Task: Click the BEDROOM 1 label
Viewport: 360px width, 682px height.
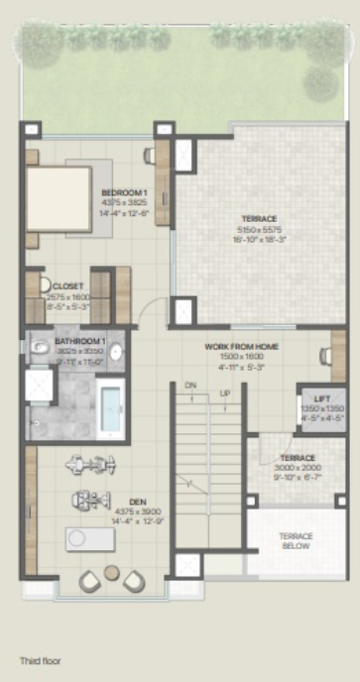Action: point(124,192)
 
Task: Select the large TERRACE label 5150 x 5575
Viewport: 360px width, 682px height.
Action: point(259,218)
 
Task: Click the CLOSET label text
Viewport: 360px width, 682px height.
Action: point(68,286)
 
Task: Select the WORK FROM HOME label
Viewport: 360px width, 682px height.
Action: point(241,347)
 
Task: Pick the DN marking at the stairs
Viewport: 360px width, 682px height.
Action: point(190,386)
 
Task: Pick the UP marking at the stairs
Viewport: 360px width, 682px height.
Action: point(225,394)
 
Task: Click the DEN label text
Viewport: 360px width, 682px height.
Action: point(124,502)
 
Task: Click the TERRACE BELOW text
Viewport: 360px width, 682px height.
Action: point(297,540)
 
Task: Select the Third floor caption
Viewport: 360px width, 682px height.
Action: point(43,659)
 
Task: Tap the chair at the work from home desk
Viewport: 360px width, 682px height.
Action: point(324,354)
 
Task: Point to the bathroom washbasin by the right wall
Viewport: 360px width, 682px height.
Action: point(115,351)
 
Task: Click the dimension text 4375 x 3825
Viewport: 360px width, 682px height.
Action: point(124,202)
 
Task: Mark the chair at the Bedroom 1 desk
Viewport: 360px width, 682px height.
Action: point(149,155)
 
